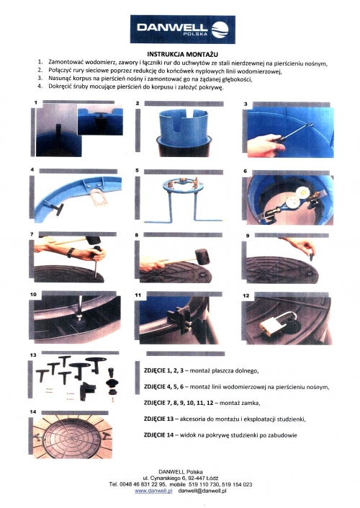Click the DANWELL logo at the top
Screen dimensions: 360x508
click(x=183, y=29)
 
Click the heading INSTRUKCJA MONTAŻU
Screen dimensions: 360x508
click(x=183, y=54)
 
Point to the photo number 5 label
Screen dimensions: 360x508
click(x=137, y=170)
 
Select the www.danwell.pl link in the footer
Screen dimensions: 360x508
click(x=153, y=491)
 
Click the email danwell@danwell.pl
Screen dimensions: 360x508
click(x=202, y=491)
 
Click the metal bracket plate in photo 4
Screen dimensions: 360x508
click(x=99, y=197)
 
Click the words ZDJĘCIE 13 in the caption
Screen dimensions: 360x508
click(x=158, y=419)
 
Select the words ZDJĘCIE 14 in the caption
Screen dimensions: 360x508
click(x=158, y=435)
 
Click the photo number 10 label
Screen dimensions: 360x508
click(x=33, y=295)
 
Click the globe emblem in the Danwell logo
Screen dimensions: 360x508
click(x=220, y=30)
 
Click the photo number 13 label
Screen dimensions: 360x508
click(x=33, y=355)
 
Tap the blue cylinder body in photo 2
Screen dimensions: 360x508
click(x=184, y=125)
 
